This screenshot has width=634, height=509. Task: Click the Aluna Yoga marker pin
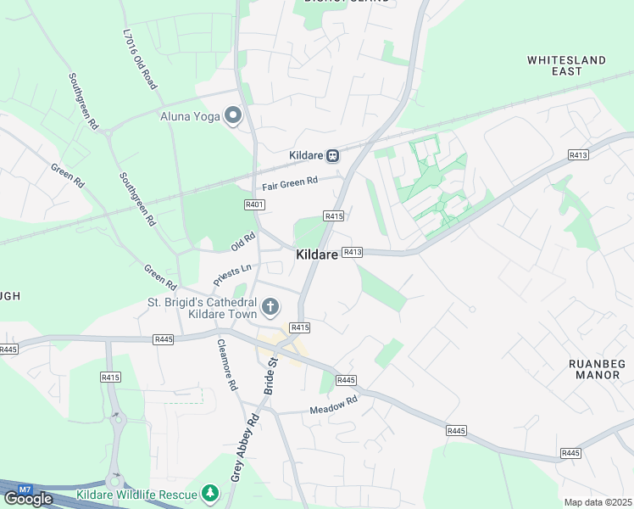coord(233,116)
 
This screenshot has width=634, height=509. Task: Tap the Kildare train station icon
coord(334,155)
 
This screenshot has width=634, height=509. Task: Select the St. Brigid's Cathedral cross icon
coord(270,306)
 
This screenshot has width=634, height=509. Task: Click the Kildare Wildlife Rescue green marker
coord(210,493)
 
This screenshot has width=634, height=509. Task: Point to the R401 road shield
coord(254,204)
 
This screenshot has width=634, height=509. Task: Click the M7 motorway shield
coord(25,489)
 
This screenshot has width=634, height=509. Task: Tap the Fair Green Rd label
coord(289,182)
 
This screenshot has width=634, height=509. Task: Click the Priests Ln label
coord(232,272)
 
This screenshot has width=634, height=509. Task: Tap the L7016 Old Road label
coord(141,57)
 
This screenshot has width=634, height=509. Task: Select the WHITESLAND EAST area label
coord(566,65)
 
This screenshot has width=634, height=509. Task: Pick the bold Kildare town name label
coord(318,255)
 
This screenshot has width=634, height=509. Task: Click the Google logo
coord(28,499)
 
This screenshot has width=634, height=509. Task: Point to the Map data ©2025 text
coord(598,502)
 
